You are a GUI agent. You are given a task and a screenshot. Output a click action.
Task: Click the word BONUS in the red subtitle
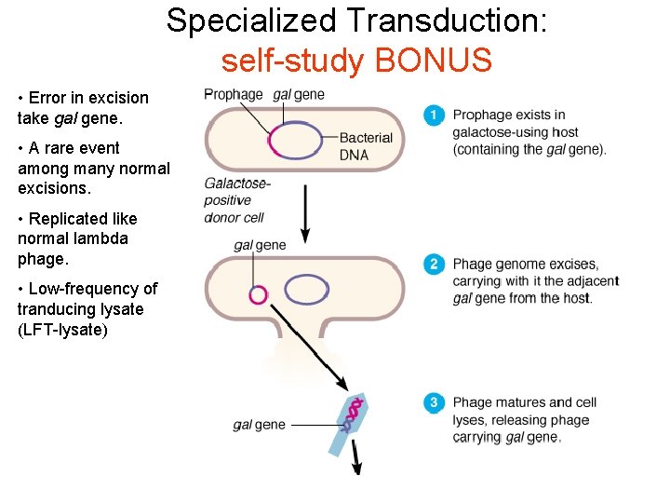[433, 61]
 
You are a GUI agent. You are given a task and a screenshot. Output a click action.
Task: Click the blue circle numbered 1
[433, 116]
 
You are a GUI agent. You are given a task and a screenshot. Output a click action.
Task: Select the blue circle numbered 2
[433, 265]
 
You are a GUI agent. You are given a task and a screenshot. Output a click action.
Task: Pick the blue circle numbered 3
[433, 402]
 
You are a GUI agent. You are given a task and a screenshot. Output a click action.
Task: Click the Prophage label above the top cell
[233, 94]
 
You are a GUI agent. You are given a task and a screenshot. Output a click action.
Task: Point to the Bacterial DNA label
[366, 146]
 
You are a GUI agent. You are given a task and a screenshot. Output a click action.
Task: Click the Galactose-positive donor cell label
[236, 200]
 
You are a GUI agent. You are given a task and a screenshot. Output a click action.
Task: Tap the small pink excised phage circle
[258, 295]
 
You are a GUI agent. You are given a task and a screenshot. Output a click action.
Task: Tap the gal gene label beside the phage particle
[259, 425]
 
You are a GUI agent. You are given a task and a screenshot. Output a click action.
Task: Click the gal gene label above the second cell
[260, 245]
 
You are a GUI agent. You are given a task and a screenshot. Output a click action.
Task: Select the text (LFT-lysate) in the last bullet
[62, 330]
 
